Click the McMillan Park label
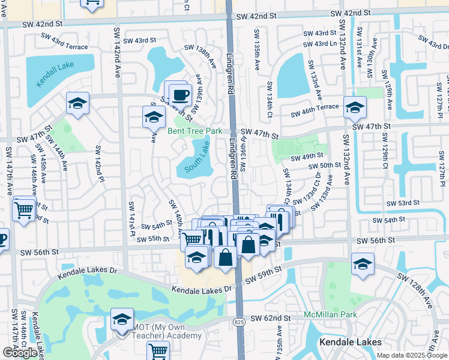click(x=330, y=314)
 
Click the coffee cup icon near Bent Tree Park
click(x=179, y=94)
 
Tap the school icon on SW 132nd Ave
click(x=355, y=108)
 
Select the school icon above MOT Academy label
click(x=122, y=319)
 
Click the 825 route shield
click(x=238, y=323)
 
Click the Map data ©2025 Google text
click(x=412, y=355)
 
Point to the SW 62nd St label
click(x=271, y=318)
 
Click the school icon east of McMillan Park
click(x=363, y=265)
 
